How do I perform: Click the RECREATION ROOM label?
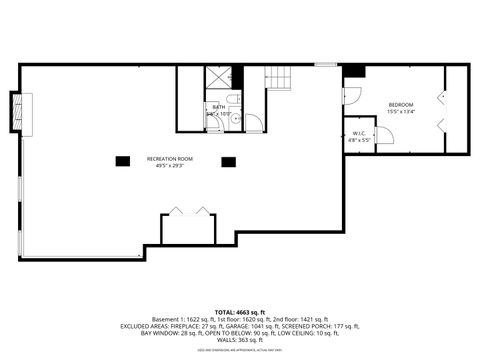169,159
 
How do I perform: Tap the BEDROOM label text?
401,104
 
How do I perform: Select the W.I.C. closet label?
359,134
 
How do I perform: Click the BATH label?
219,106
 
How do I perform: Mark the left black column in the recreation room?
123,160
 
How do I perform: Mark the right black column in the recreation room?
229,160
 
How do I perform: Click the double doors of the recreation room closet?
189,212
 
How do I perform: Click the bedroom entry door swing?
350,96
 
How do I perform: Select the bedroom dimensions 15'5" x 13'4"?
401,112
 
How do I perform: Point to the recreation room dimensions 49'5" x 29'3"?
169,166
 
